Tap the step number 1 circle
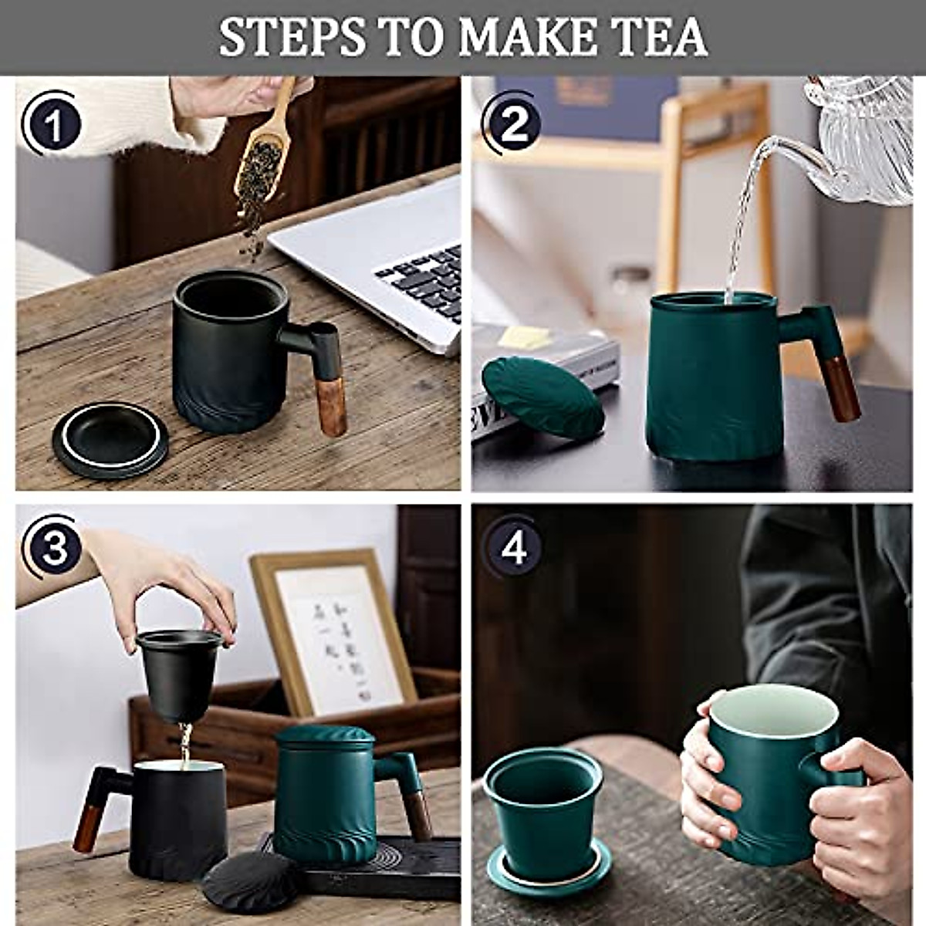[52, 124]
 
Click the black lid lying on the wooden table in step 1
[110, 438]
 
